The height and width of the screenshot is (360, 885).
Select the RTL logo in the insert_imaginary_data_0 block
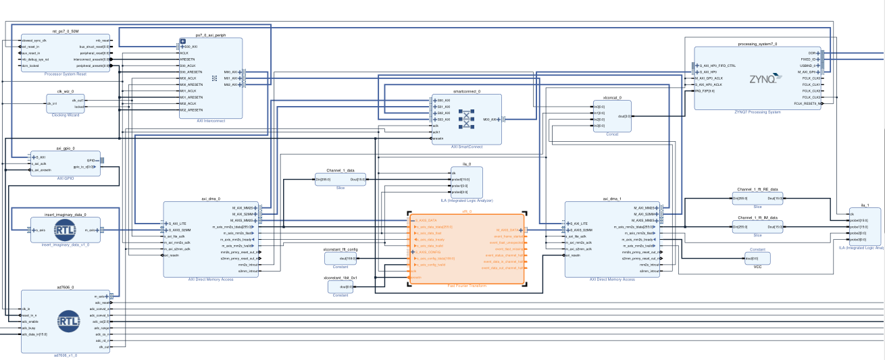click(66, 230)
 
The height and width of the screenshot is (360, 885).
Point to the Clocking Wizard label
click(66, 115)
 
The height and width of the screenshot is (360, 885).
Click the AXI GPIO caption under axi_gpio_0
click(66, 178)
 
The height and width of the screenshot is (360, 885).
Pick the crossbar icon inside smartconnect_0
click(466, 119)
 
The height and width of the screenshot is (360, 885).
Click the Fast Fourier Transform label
click(466, 286)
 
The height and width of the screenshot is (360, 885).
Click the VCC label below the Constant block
click(757, 267)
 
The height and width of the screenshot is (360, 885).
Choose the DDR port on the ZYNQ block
click(811, 53)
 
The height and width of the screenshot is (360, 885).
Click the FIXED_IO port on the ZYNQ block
click(808, 59)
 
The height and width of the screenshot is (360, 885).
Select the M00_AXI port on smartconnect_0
click(490, 119)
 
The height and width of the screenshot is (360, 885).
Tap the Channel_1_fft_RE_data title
click(757, 190)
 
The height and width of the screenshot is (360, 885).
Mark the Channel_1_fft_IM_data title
click(757, 218)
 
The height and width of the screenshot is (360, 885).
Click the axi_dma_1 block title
click(612, 199)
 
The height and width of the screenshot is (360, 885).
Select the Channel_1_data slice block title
click(340, 171)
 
